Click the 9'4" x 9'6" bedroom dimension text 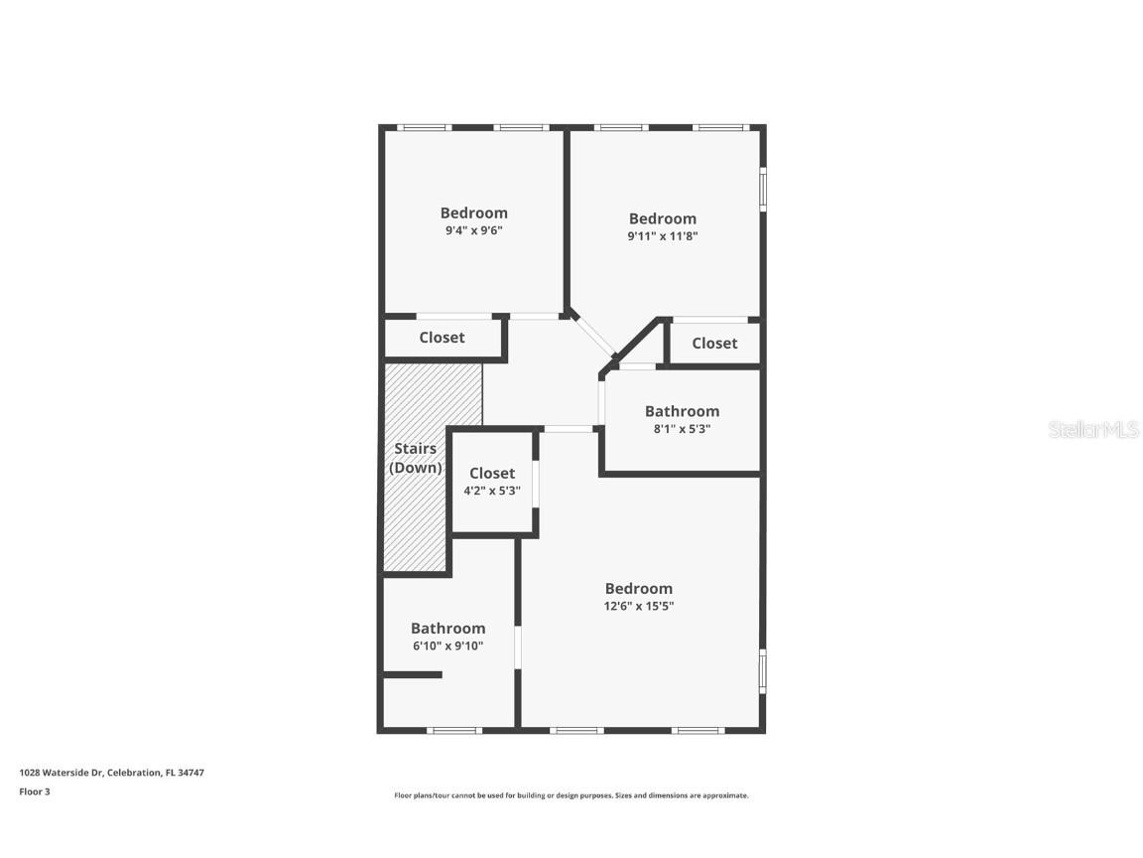coord(473,230)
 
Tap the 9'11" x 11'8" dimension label coord(662,236)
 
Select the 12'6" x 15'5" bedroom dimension coord(638,606)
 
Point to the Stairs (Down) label coord(415,458)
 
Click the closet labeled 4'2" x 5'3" coord(492,481)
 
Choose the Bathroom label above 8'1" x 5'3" coord(682,411)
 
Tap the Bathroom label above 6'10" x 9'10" coord(447,628)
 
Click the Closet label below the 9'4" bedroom coord(442,338)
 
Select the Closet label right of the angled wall coord(714,344)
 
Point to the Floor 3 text coord(34,791)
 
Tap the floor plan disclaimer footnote coord(571,795)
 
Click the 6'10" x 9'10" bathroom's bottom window coord(454,730)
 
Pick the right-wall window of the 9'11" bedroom coord(762,188)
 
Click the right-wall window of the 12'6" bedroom coord(762,670)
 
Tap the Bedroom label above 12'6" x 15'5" coord(638,588)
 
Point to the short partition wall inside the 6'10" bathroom coord(413,675)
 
